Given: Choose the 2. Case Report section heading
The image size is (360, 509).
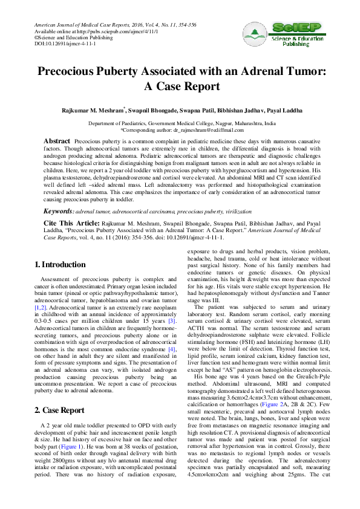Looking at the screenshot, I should click(59, 393).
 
